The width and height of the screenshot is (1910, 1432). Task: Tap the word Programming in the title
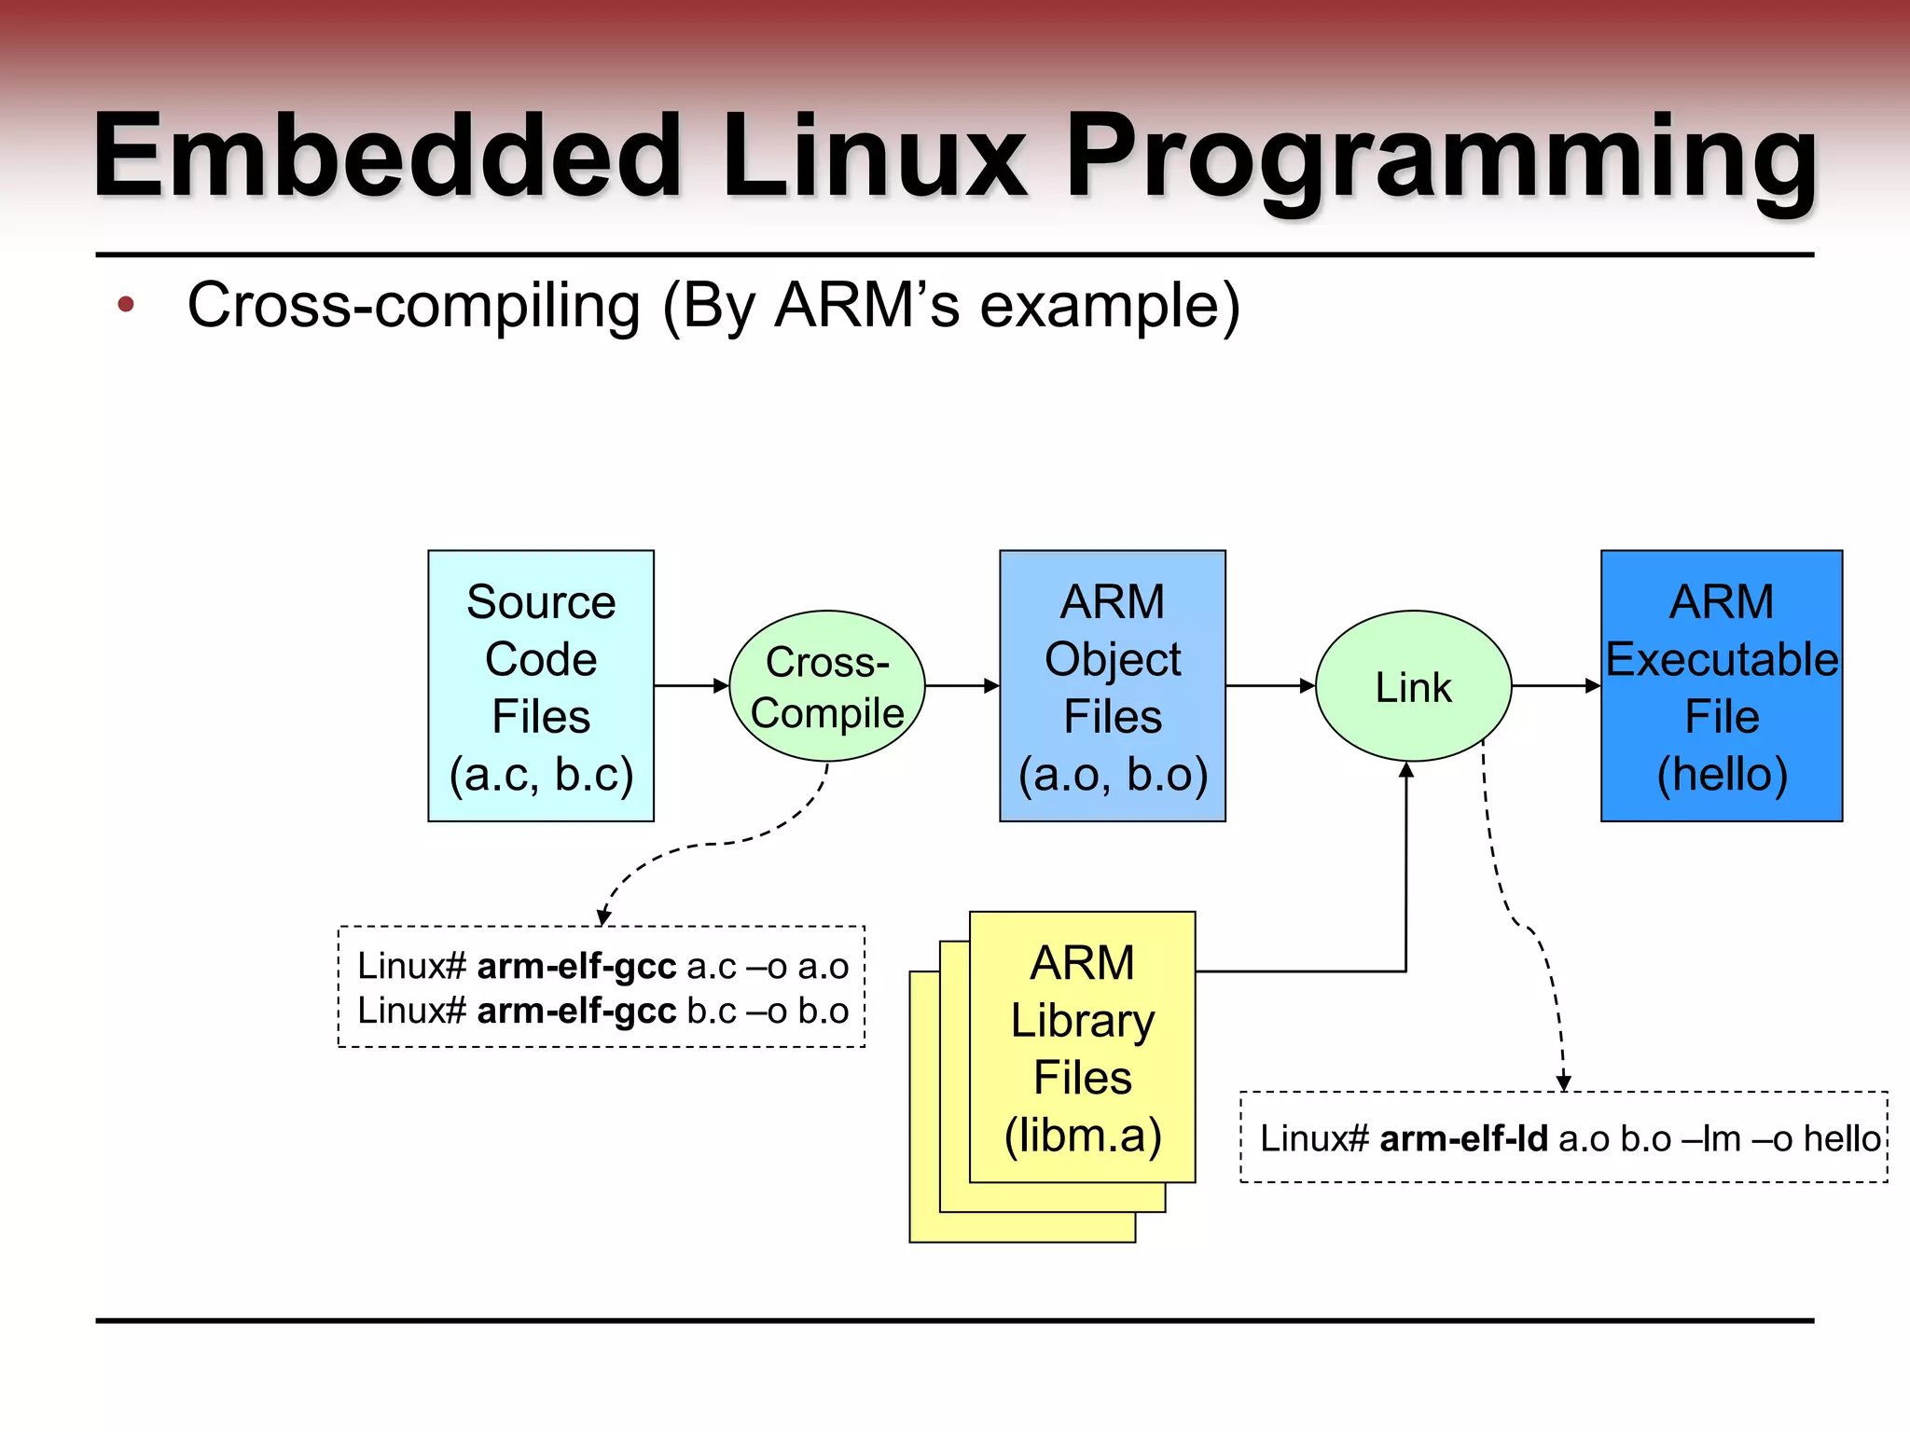(x=1441, y=157)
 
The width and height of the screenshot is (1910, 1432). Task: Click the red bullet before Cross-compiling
(x=126, y=304)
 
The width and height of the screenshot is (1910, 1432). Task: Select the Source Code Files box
(x=541, y=685)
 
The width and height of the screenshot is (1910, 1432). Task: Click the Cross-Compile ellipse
(x=827, y=686)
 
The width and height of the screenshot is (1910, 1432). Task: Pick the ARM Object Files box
(x=1113, y=685)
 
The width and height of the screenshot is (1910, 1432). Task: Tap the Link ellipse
(x=1413, y=686)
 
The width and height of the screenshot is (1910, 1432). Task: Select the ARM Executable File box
(x=1722, y=685)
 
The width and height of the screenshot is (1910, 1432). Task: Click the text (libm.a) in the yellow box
(x=1083, y=1135)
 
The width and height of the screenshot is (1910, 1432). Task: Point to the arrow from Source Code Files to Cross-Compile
(x=691, y=685)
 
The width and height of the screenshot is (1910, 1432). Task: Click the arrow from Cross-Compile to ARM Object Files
(x=962, y=685)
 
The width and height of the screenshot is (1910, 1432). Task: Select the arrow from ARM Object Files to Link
(x=1269, y=685)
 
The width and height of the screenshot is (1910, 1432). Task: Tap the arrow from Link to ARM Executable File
(x=1556, y=685)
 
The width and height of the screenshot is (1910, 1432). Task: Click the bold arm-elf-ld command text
(x=1463, y=1138)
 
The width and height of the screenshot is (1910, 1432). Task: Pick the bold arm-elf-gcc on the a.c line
(x=576, y=966)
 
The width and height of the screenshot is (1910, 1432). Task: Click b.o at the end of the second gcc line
(x=824, y=1011)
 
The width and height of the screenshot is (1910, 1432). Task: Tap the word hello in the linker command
(x=1842, y=1138)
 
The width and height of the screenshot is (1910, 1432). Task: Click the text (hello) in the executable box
(x=1722, y=774)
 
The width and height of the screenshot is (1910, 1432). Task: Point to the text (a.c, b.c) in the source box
(x=541, y=774)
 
